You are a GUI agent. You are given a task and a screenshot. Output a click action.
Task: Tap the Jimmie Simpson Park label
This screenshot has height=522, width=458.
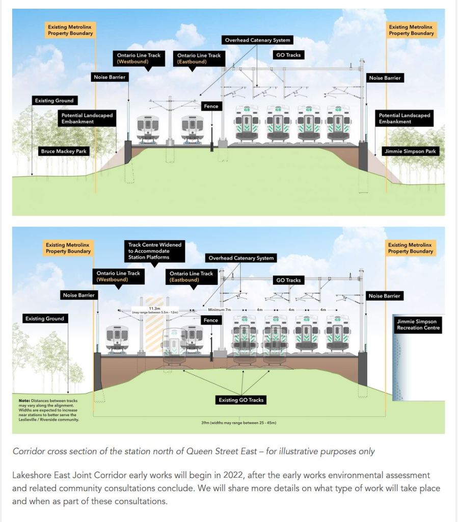410,151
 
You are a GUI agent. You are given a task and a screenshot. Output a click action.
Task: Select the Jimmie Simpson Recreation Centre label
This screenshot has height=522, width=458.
417,325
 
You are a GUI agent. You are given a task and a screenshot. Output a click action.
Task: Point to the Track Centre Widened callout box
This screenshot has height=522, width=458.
155,251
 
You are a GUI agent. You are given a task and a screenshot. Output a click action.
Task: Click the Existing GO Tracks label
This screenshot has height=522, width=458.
241,400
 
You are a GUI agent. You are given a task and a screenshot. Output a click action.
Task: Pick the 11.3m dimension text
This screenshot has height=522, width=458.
155,308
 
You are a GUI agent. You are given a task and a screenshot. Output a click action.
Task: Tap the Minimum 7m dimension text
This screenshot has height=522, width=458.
220,309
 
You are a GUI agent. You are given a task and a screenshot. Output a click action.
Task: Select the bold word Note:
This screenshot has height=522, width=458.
24,401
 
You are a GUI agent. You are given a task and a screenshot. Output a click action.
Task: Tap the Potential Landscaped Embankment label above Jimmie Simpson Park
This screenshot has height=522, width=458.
405,118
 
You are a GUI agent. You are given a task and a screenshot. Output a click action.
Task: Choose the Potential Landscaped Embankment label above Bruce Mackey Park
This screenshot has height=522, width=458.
85,118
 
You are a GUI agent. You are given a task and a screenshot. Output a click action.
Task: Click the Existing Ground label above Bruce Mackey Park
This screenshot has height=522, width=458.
54,101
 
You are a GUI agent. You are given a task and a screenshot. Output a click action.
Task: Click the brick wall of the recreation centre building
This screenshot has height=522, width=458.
398,367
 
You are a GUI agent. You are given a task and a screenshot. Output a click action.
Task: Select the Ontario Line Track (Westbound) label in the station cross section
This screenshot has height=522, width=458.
118,276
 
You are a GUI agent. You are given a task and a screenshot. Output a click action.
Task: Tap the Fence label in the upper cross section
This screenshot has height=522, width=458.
210,107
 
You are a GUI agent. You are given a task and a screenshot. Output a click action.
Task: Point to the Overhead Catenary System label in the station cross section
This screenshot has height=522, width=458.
241,258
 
